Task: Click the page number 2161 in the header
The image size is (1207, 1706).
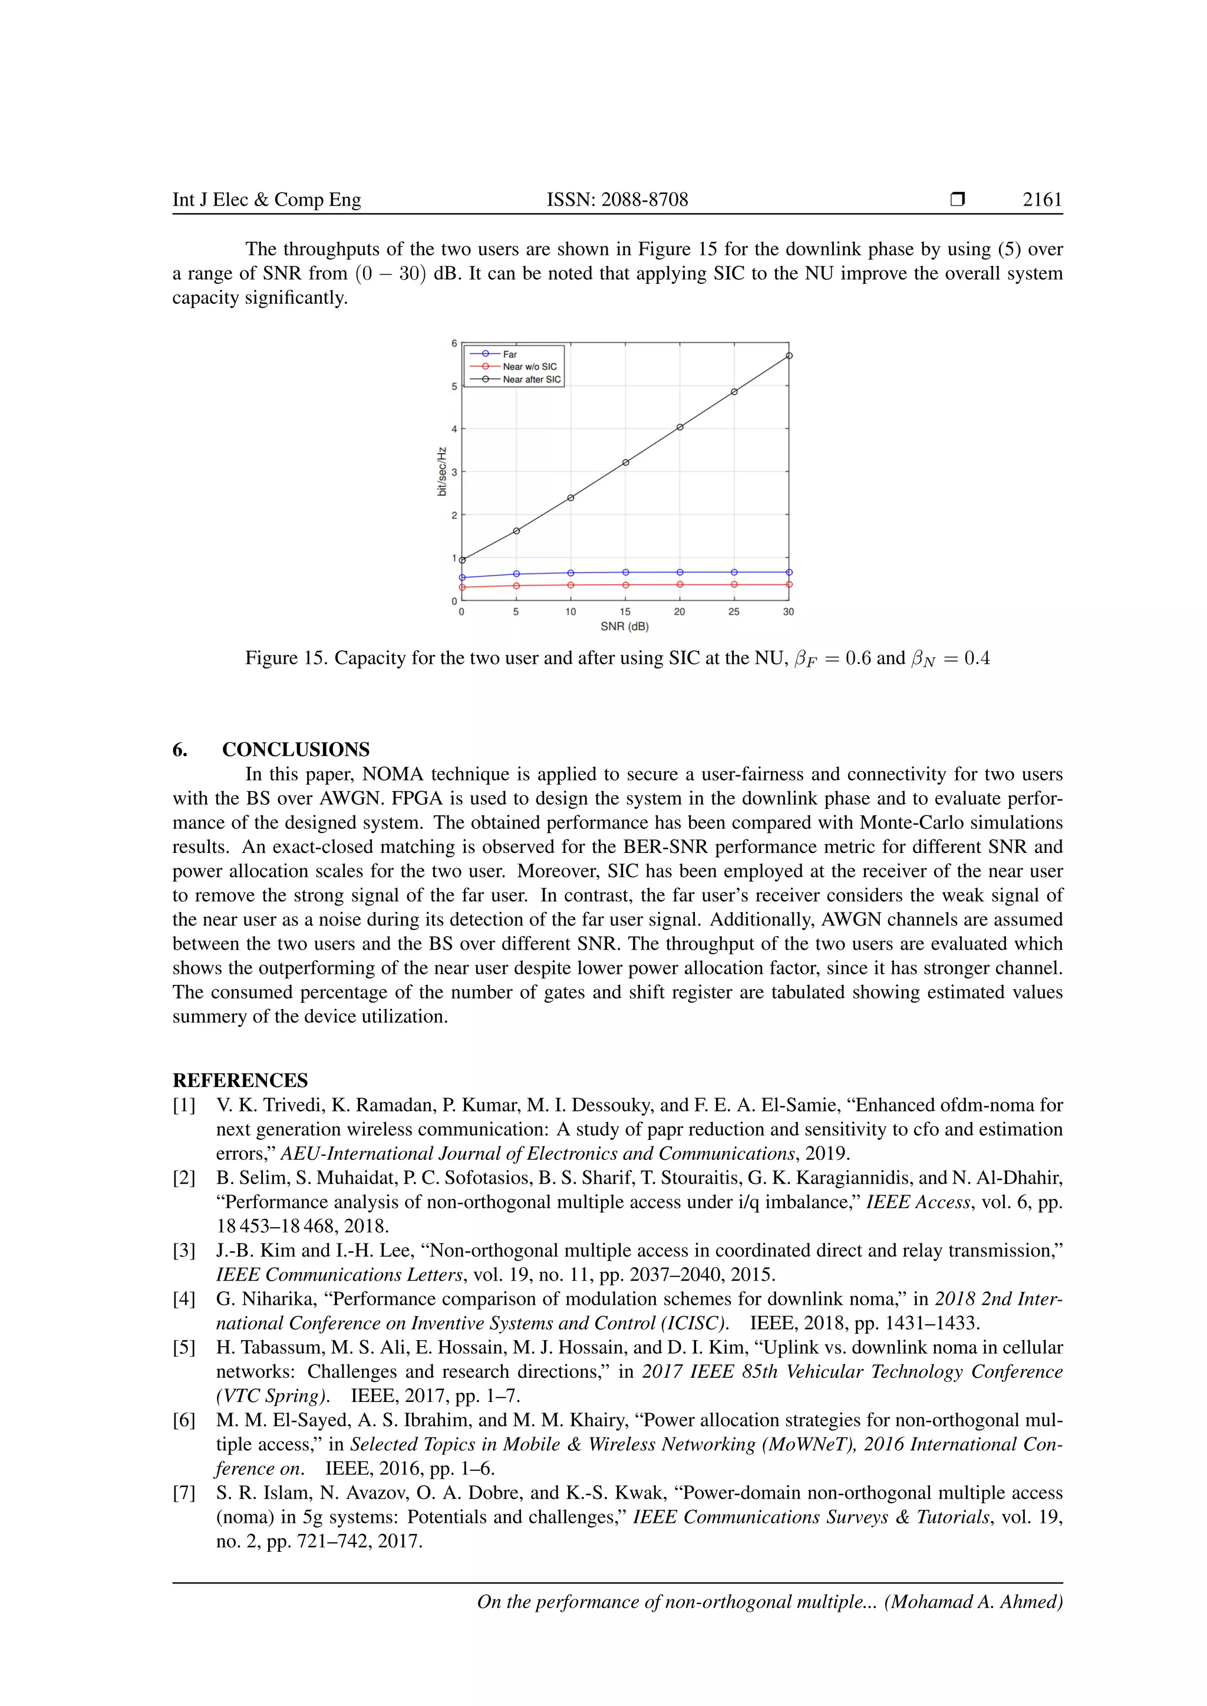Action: (1042, 200)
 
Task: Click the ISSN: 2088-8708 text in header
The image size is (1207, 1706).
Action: (617, 200)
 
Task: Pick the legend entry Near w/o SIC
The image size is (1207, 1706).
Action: (529, 366)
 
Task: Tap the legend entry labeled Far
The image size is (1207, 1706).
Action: (510, 355)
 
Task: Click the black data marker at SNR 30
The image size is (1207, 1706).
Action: (789, 356)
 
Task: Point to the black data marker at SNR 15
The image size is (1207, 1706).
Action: (626, 462)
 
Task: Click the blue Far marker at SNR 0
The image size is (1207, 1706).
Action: (462, 577)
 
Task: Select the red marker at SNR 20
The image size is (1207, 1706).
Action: (680, 585)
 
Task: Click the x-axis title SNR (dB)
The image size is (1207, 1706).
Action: (624, 626)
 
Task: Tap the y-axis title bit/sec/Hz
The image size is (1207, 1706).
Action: (442, 471)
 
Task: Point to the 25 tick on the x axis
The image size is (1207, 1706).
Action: (734, 611)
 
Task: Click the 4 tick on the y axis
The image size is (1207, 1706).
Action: (454, 429)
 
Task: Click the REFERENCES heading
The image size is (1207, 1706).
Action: (240, 1080)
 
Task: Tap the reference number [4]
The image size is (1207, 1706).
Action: (184, 1299)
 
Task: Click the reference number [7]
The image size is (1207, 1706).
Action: (184, 1493)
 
